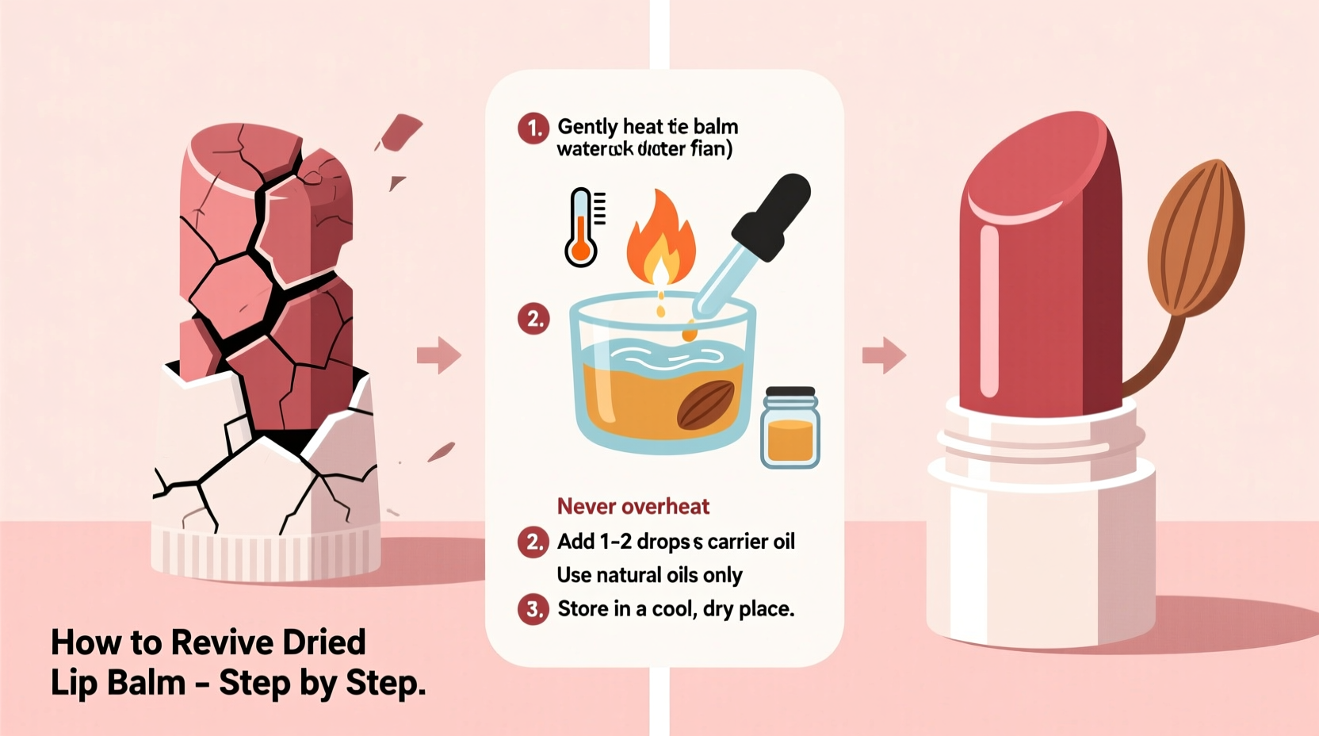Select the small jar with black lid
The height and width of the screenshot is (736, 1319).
pyautogui.click(x=789, y=427)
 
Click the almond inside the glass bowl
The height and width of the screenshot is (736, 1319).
pyautogui.click(x=706, y=404)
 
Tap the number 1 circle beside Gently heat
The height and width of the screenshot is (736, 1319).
pyautogui.click(x=533, y=128)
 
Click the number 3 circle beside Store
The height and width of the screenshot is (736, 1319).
pyautogui.click(x=533, y=609)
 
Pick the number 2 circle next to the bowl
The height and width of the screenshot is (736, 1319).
pyautogui.click(x=533, y=320)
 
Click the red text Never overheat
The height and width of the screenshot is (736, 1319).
pyautogui.click(x=633, y=506)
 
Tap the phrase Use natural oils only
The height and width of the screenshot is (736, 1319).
pyautogui.click(x=649, y=575)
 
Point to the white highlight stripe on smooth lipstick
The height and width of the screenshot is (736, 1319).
pyautogui.click(x=988, y=309)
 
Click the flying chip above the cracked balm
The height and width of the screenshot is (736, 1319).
pyautogui.click(x=401, y=132)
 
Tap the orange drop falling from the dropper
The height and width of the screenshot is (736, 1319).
pyautogui.click(x=689, y=335)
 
